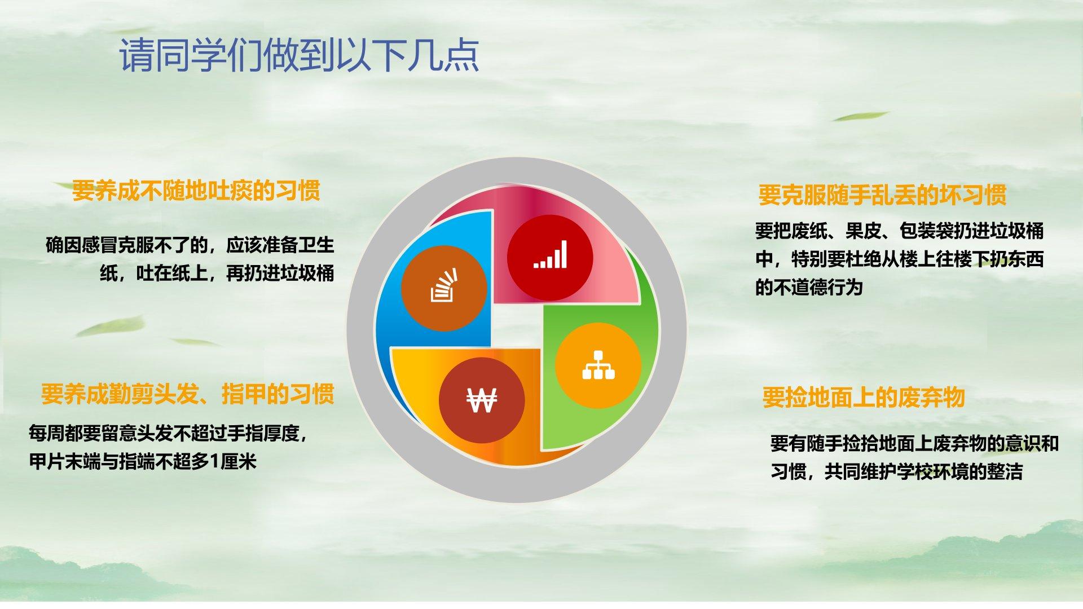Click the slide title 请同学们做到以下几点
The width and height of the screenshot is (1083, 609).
pos(300,55)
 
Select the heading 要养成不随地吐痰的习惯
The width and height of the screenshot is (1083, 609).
pos(196,191)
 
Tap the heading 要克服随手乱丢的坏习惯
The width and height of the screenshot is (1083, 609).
pos(882,195)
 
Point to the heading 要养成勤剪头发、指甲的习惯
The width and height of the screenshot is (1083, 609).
pos(187,394)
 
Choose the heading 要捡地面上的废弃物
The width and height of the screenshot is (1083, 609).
pos(864,397)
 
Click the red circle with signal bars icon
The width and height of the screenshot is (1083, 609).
pos(550,257)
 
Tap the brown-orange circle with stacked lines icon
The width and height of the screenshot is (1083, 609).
pos(444,288)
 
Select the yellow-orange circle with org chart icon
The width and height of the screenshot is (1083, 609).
pos(598,365)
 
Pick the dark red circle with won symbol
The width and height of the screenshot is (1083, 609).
pos(482,400)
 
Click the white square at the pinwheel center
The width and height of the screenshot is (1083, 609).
pos(517,326)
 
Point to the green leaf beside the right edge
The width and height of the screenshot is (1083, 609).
pos(859,116)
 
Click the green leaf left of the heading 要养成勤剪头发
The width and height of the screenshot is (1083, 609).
pos(110,325)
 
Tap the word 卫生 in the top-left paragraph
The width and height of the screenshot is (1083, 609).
pos(316,245)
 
